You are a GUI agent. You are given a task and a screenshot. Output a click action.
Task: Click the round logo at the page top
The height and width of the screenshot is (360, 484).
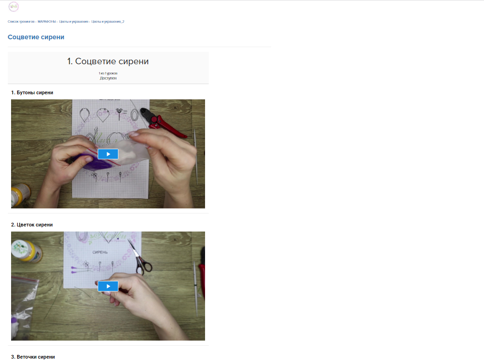tap(13, 6)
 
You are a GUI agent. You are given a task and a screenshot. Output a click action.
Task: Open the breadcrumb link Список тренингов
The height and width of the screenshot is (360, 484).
tap(21, 22)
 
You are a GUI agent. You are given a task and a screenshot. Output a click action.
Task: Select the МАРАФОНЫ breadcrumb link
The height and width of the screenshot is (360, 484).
tap(47, 22)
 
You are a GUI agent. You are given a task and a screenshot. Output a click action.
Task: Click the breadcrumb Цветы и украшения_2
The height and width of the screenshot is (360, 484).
tap(108, 22)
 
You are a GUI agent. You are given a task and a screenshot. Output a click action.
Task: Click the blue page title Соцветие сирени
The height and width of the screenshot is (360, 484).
tap(36, 37)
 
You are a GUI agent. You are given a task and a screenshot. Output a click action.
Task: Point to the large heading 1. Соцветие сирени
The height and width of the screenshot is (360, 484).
tap(108, 61)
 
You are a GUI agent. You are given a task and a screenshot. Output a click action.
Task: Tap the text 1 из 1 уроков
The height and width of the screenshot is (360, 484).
tap(108, 73)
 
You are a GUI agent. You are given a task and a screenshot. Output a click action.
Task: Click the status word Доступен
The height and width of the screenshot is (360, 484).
tap(108, 78)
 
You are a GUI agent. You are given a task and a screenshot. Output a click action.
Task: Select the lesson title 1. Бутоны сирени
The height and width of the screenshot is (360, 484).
tap(32, 92)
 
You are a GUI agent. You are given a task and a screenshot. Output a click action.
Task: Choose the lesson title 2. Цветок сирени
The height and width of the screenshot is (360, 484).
tap(32, 225)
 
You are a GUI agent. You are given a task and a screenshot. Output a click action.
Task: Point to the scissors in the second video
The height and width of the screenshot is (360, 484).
tap(141, 259)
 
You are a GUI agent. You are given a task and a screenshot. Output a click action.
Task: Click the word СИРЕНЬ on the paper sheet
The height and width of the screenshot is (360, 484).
tap(100, 252)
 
